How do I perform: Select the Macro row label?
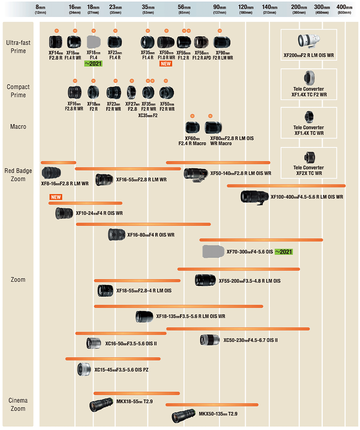click(x=18, y=127)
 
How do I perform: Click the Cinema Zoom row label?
click(x=18, y=404)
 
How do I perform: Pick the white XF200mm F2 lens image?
click(x=309, y=41)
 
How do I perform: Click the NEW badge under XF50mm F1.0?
click(x=166, y=63)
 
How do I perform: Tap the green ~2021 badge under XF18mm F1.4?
click(x=93, y=63)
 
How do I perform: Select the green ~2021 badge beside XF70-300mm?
click(x=283, y=252)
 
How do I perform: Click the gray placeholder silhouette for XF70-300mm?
click(x=213, y=251)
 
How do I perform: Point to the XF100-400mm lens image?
click(x=254, y=197)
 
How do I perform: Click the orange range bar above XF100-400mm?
click(x=286, y=186)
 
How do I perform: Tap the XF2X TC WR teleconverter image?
click(x=309, y=158)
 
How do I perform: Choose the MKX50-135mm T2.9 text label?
click(x=218, y=414)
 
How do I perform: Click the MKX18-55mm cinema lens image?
click(x=101, y=404)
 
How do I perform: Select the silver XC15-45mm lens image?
click(x=84, y=369)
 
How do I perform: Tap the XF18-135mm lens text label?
click(x=191, y=316)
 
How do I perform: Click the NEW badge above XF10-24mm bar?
click(x=56, y=197)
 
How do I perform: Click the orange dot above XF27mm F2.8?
click(x=132, y=81)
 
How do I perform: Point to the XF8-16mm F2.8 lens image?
click(x=51, y=173)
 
